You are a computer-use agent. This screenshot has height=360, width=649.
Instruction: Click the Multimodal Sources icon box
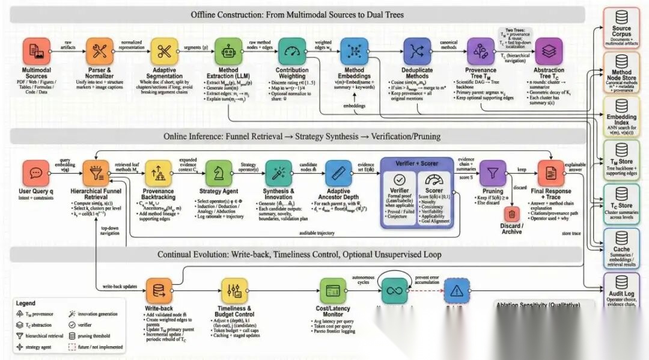(36, 52)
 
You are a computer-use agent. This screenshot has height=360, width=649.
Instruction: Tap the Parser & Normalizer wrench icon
(100, 52)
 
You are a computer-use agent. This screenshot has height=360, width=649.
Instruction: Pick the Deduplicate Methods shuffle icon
(418, 52)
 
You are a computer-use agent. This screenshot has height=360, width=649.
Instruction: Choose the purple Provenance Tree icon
(480, 52)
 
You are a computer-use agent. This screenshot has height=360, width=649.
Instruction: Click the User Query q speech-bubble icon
(36, 174)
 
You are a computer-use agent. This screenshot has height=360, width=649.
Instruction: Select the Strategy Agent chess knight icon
(218, 174)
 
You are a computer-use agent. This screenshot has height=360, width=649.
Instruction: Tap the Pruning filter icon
(492, 174)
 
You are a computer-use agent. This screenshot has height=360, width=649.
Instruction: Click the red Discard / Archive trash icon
(511, 213)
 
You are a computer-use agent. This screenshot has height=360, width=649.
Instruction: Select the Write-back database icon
(159, 291)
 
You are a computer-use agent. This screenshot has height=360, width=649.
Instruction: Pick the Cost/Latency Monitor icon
(332, 291)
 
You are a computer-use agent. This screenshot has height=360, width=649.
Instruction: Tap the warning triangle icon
(456, 291)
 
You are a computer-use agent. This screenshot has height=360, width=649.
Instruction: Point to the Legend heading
(25, 304)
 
